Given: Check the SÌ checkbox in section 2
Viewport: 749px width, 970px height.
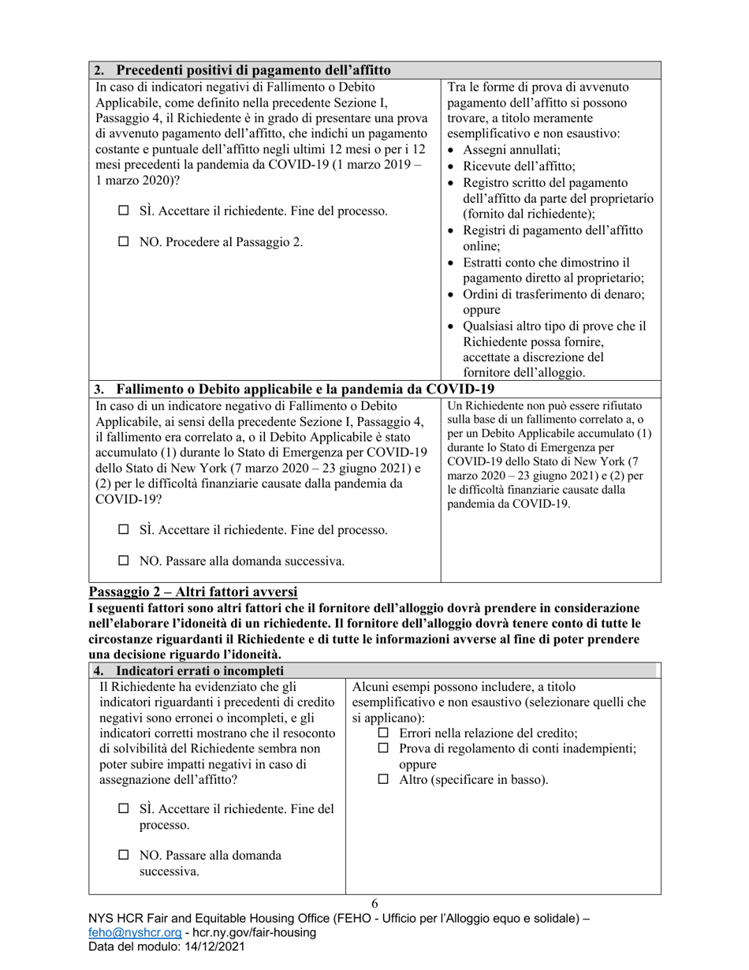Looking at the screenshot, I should click(123, 211).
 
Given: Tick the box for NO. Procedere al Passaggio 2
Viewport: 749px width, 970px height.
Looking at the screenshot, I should click(123, 243).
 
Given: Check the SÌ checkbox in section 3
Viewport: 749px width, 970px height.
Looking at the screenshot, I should click(123, 530).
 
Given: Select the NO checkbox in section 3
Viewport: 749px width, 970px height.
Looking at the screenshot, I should click(123, 561).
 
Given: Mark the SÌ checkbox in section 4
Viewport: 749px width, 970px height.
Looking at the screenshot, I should click(123, 809).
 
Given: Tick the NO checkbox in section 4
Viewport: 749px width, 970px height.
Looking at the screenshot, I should click(123, 855).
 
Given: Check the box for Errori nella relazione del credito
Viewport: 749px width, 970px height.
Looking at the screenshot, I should click(384, 733).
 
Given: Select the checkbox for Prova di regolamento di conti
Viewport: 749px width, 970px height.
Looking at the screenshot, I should click(384, 748).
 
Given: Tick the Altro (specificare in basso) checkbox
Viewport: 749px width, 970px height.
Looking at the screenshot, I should click(384, 780).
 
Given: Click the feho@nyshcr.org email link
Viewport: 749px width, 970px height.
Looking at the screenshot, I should click(131, 933).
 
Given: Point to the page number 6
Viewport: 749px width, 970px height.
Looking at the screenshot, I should click(374, 904).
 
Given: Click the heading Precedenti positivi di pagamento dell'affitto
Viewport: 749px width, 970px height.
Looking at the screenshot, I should click(253, 71).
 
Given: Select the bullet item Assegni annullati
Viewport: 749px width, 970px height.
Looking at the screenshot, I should click(512, 150).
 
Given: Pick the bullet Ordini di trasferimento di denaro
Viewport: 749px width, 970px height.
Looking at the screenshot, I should click(553, 294).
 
